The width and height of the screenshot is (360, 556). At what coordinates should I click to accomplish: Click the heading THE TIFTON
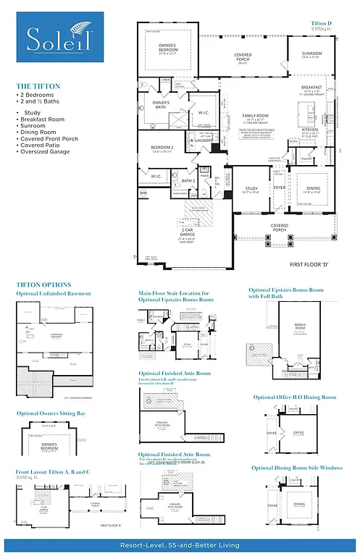(38, 86)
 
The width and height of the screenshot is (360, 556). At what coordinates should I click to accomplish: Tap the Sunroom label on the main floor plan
(311, 54)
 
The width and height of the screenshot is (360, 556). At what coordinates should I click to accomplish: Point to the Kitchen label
(309, 130)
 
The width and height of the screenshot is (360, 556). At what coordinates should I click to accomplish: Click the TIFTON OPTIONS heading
(44, 285)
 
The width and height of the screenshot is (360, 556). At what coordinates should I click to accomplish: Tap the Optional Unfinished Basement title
(54, 294)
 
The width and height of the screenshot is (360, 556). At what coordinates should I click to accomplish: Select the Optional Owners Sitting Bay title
(51, 413)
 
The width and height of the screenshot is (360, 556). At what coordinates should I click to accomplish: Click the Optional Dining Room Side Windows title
(298, 468)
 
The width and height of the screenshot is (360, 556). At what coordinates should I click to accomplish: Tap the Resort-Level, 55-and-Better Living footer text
(179, 544)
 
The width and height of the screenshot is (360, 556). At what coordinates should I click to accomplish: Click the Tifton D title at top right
(322, 24)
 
